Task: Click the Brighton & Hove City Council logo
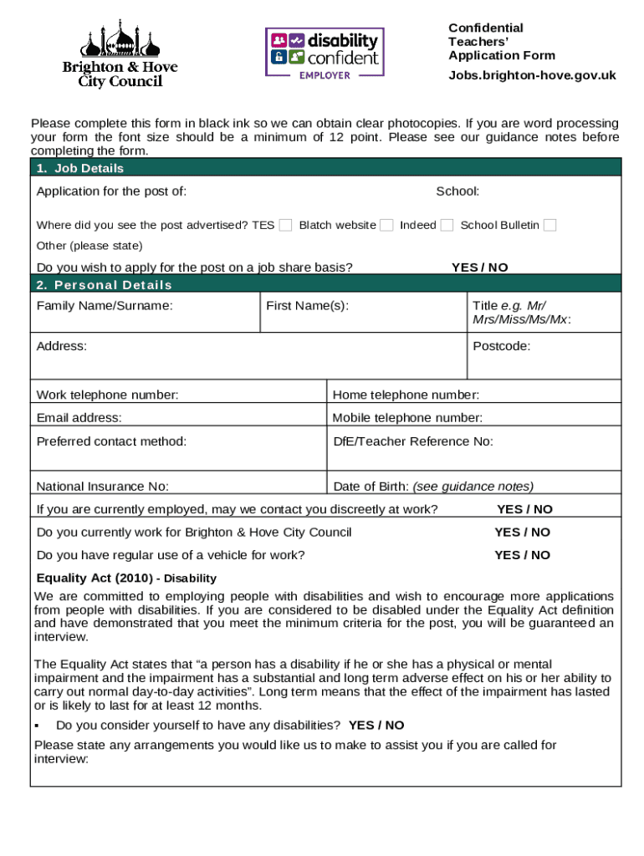point(120,53)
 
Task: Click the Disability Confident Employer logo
point(325,52)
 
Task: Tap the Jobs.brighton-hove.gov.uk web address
point(532,75)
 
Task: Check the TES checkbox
point(285,225)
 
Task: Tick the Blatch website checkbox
point(386,225)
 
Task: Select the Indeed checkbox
point(447,225)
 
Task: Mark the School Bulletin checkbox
point(549,225)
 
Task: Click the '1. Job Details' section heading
point(80,168)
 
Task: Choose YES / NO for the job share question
point(479,267)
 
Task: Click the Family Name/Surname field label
point(105,305)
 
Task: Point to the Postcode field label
point(501,346)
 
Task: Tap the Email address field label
point(79,418)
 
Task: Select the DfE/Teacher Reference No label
point(413,441)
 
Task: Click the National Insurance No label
point(102,487)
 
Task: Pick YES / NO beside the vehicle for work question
point(522,555)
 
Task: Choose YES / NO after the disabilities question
point(376,726)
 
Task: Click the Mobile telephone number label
point(407,418)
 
